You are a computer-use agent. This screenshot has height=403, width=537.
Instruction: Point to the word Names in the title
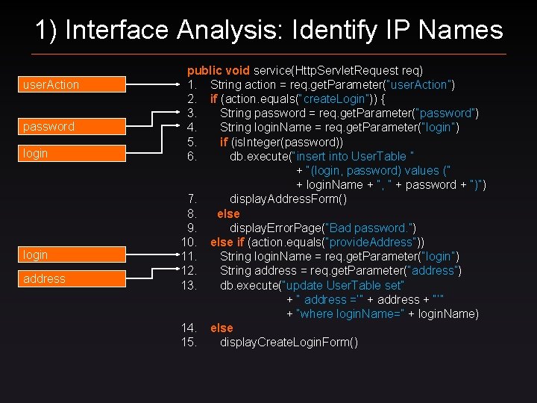[460, 30]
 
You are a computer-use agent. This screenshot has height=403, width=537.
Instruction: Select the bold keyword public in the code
[203, 70]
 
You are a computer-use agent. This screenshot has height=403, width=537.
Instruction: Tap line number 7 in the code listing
[192, 199]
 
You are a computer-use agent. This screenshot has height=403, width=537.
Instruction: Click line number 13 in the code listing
[189, 284]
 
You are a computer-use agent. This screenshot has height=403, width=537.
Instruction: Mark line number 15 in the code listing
[189, 342]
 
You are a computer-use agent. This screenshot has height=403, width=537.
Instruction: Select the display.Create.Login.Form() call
[289, 342]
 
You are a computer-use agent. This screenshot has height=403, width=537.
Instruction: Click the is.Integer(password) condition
[286, 142]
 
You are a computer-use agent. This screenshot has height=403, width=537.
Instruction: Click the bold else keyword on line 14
[222, 328]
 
